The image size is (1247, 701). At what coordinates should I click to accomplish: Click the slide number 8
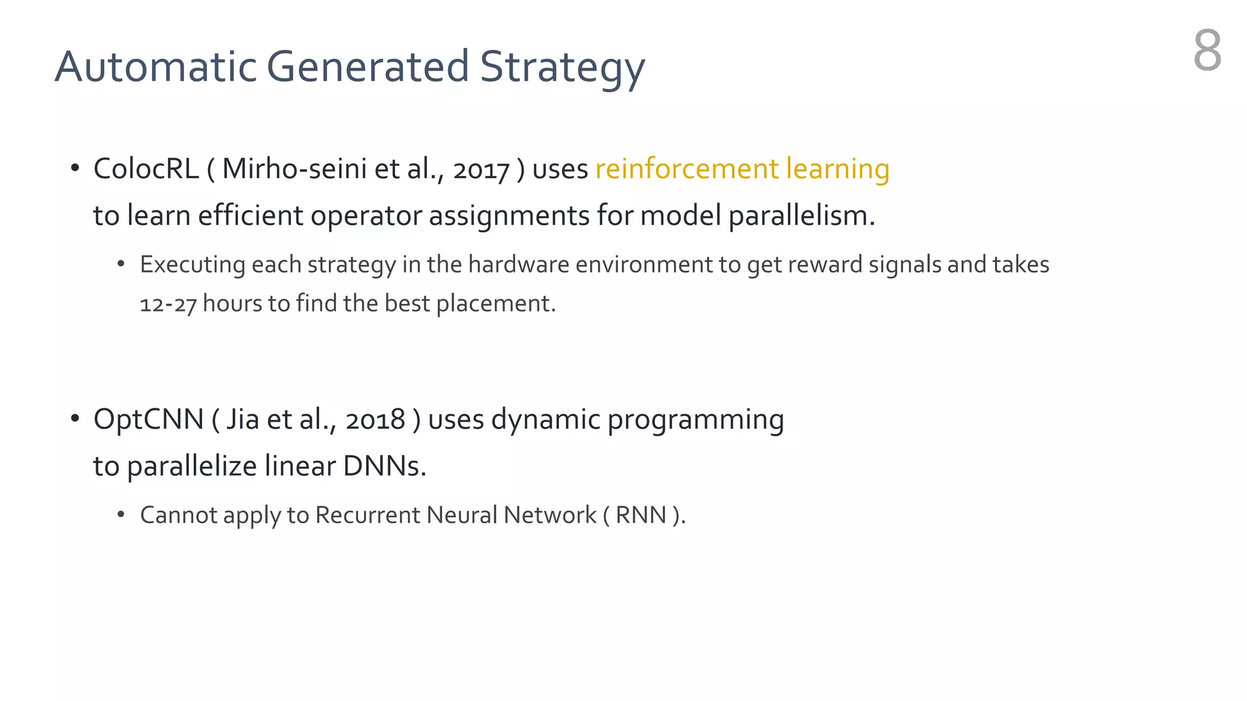[1207, 51]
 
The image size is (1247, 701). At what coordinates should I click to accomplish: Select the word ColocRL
[146, 169]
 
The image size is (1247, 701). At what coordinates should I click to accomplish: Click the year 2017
[481, 170]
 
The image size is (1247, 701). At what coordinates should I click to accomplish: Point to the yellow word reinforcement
[687, 169]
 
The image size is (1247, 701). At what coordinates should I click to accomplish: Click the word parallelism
[801, 216]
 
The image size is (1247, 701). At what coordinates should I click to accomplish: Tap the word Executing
[192, 265]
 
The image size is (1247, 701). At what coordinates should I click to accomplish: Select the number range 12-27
[168, 304]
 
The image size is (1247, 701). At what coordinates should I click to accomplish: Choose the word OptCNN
[149, 420]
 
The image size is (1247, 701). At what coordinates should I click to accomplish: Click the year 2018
[375, 420]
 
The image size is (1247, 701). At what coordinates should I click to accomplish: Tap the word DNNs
[384, 467]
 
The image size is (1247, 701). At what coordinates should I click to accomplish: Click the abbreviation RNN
[641, 515]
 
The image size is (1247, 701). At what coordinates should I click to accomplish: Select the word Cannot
[178, 515]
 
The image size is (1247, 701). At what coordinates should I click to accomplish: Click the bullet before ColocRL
[75, 168]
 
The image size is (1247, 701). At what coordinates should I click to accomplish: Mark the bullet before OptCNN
[75, 419]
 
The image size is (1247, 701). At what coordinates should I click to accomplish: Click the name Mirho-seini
[294, 169]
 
